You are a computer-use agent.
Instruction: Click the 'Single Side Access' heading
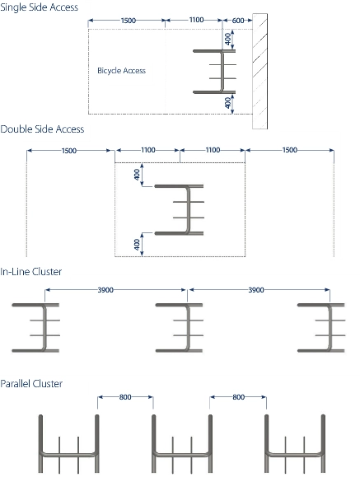pyautogui.click(x=39, y=7)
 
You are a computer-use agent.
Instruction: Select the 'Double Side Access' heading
pyautogui.click(x=42, y=129)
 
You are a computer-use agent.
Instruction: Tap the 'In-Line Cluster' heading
pyautogui.click(x=31, y=272)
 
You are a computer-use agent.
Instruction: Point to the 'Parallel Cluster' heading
pyautogui.click(x=31, y=384)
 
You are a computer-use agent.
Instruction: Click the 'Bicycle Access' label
pyautogui.click(x=121, y=71)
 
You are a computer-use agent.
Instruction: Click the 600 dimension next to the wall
pyautogui.click(x=238, y=21)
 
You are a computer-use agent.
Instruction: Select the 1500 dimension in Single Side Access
pyautogui.click(x=129, y=21)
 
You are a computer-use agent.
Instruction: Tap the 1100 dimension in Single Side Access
pyautogui.click(x=196, y=20)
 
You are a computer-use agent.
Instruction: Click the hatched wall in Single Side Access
pyautogui.click(x=259, y=71)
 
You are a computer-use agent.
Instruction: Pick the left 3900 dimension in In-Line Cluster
pyautogui.click(x=105, y=290)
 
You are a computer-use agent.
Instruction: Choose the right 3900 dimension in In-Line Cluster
pyautogui.click(x=256, y=290)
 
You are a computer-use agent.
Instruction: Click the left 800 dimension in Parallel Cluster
pyautogui.click(x=125, y=397)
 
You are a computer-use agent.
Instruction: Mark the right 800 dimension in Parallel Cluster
pyautogui.click(x=239, y=397)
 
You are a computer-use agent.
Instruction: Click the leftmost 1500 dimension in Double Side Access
pyautogui.click(x=69, y=151)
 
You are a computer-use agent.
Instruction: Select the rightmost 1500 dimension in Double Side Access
pyautogui.click(x=290, y=150)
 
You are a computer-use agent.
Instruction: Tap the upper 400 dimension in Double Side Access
pyautogui.click(x=137, y=175)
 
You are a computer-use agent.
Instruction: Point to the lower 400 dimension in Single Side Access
pyautogui.click(x=228, y=103)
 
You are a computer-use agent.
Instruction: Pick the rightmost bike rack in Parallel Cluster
pyautogui.click(x=295, y=454)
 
